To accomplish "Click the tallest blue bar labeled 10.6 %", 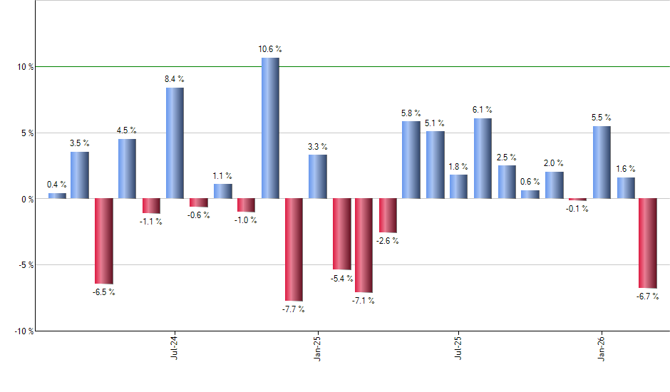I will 270,128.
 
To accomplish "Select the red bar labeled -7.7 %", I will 294,249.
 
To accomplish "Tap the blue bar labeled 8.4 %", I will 175,143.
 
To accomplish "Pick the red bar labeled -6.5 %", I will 104,241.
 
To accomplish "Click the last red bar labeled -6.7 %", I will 648,243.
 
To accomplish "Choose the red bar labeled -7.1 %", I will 364,245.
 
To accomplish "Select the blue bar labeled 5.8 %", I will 411,160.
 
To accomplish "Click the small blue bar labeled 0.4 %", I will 57,196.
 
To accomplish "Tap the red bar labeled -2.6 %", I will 388,215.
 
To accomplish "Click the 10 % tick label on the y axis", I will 26,67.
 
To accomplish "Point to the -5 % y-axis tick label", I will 26,265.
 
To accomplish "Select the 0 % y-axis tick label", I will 27,200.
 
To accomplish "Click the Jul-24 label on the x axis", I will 175,349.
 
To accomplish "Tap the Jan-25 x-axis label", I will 317,349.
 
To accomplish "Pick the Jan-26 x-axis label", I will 601,349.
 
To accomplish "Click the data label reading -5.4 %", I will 341,279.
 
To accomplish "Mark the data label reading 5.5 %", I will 602,118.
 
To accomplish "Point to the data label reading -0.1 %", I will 577,209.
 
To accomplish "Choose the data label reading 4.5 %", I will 127,130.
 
